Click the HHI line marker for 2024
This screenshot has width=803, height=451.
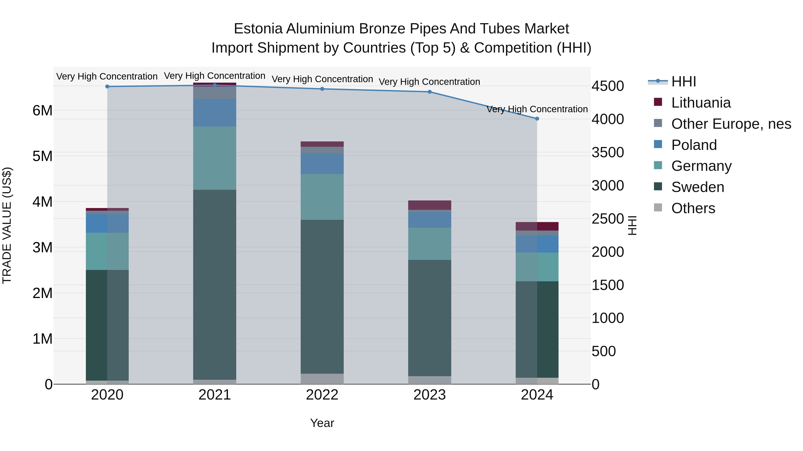tap(537, 118)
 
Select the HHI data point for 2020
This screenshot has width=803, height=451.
tap(107, 87)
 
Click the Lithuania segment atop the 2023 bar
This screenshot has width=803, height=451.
tap(430, 205)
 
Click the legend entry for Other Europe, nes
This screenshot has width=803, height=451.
tap(731, 124)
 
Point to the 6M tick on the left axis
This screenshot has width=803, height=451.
tap(43, 110)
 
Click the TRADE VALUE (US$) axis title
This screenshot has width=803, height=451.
tap(7, 225)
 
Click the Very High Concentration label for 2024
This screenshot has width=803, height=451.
tap(537, 109)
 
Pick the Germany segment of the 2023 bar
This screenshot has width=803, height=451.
tap(430, 244)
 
